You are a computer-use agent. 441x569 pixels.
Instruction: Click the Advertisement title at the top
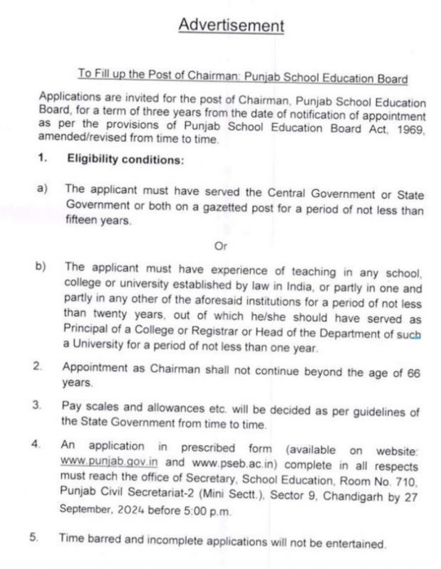tap(231, 26)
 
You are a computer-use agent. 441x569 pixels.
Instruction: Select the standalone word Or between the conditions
tap(220, 246)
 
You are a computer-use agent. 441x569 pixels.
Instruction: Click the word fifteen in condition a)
tap(83, 220)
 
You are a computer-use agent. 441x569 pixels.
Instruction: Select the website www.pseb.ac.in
tap(229, 460)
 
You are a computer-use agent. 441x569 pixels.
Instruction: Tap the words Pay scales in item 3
tap(90, 411)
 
